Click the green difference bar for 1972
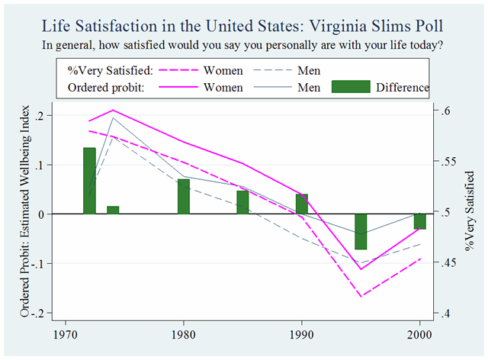click(x=89, y=181)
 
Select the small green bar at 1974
click(x=113, y=210)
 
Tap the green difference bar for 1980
click(x=183, y=197)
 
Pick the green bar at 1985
click(x=242, y=202)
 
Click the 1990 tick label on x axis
click(x=302, y=333)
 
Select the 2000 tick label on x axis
click(x=420, y=333)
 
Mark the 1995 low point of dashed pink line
click(x=361, y=295)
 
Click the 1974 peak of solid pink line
click(x=113, y=110)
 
